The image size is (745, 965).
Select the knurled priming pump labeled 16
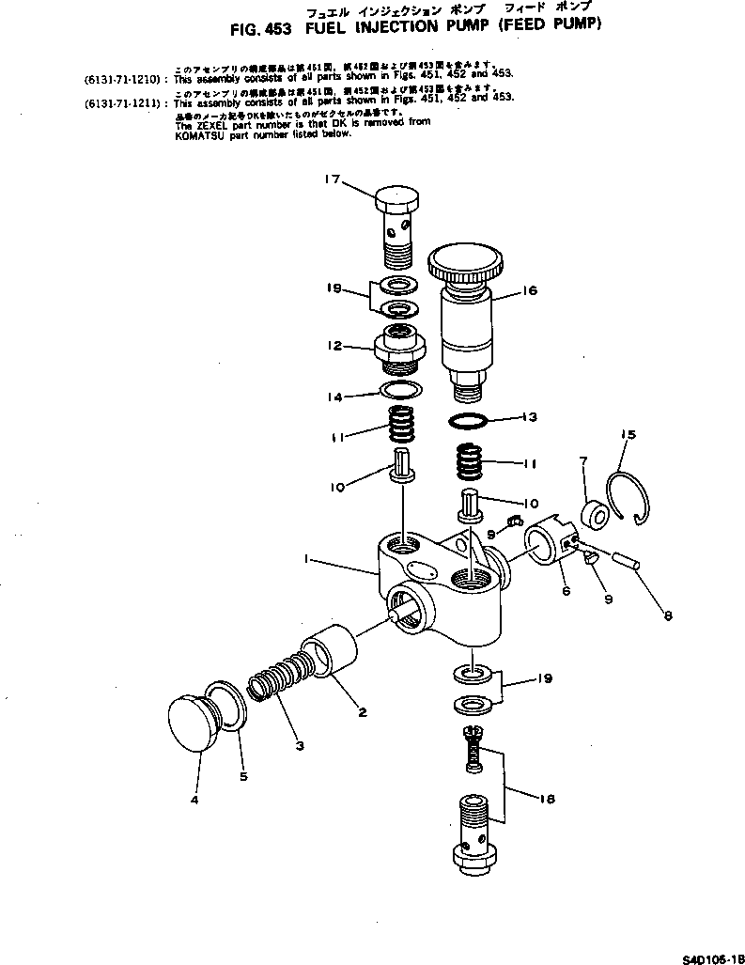click(x=467, y=310)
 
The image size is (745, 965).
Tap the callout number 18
click(x=548, y=800)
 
